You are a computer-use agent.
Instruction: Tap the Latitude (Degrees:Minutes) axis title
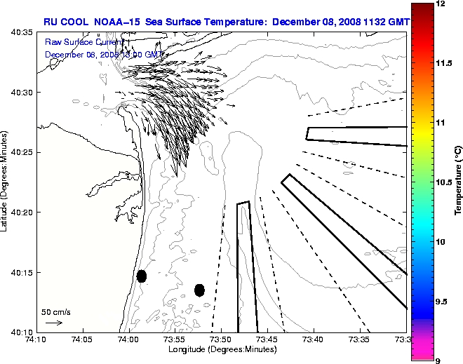[5, 181]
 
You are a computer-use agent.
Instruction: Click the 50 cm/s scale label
[55, 311]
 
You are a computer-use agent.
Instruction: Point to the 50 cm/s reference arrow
[54, 323]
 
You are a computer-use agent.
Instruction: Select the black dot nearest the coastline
[142, 276]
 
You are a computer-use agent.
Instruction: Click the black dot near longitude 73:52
[199, 290]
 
